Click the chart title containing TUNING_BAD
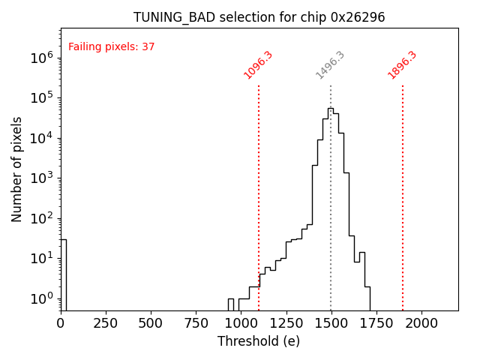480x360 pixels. [x=259, y=17]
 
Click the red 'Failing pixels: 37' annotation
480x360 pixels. [x=111, y=46]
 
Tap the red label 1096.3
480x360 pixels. [x=258, y=65]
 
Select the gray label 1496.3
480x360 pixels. [x=330, y=65]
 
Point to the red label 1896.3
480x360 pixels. [x=402, y=65]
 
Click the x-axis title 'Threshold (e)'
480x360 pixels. [x=259, y=341]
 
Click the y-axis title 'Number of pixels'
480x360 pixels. [x=16, y=169]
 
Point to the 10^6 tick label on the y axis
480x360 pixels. [x=41, y=58]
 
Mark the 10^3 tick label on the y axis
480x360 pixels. [x=41, y=178]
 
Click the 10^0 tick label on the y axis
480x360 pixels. [x=41, y=298]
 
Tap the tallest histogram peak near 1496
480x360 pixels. [x=330, y=109]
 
